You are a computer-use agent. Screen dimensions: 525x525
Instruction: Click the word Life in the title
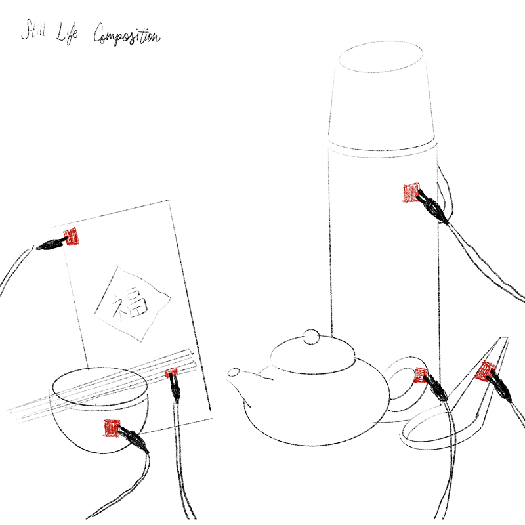68,32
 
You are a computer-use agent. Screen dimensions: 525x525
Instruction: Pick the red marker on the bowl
112,428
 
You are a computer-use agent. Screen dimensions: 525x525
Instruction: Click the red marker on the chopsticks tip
172,374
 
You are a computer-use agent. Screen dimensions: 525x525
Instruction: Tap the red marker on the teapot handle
421,375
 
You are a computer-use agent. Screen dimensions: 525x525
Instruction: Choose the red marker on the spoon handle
486,371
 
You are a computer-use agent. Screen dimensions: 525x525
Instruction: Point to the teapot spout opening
233,373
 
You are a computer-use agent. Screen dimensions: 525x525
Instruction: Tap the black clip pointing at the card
49,245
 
